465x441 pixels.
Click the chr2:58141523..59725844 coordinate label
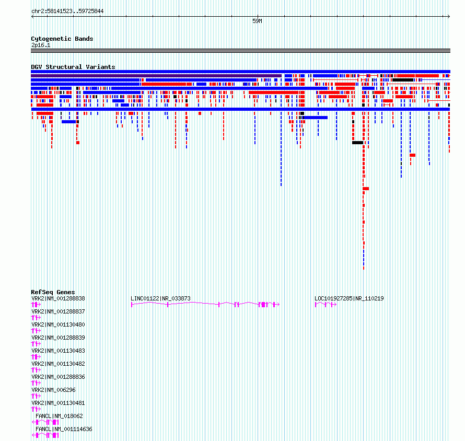[67, 11]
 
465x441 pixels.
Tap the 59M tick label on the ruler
[257, 21]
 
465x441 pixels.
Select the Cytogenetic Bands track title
[62, 39]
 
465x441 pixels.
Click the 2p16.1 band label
[41, 45]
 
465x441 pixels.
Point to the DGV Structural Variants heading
[73, 67]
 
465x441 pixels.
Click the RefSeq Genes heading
[53, 292]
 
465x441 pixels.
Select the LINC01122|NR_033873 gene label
[160, 298]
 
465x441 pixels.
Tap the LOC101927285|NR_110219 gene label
[349, 298]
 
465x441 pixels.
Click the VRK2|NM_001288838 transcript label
[58, 298]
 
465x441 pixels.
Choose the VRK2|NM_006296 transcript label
[53, 390]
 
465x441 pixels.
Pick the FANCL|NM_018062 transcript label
[60, 416]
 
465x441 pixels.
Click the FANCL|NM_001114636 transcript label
[64, 429]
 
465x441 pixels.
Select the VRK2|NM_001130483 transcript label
[58, 351]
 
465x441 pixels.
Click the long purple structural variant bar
[156, 76]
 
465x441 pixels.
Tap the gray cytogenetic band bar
[240, 51]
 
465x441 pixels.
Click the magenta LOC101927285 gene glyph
[326, 305]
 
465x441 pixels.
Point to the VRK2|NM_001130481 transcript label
[58, 403]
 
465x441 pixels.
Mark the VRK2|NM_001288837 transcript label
[58, 311]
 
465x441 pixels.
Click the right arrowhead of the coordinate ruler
[449, 17]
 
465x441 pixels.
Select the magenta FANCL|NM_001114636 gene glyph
[45, 435]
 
